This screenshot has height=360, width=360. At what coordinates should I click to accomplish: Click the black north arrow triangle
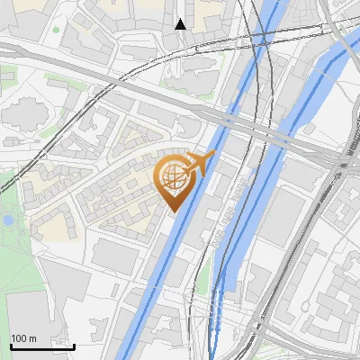point(181,23)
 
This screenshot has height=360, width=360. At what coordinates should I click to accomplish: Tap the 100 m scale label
point(23,338)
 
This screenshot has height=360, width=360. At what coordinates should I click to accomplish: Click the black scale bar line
point(41,346)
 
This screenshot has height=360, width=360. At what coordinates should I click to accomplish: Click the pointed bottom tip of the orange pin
point(172,212)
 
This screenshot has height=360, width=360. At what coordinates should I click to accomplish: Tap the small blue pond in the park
point(7,220)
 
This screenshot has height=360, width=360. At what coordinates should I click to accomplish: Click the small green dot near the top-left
point(56,30)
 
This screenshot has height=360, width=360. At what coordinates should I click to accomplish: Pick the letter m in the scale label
point(32,338)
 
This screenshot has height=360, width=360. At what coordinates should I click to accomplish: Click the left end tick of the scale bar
point(10,345)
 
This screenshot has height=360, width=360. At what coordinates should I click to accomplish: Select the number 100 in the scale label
point(19,338)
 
